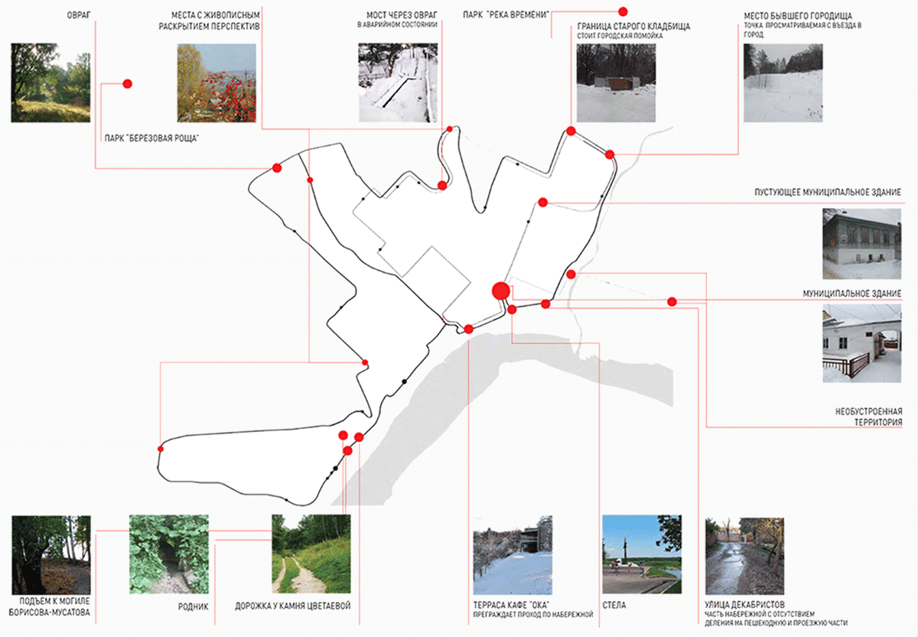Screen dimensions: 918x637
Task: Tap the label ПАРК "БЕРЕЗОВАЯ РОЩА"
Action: click(146, 138)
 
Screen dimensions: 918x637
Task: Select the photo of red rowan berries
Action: click(216, 83)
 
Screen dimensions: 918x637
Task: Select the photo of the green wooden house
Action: click(861, 243)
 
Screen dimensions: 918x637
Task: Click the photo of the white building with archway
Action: click(861, 343)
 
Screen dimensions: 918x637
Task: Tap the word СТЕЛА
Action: click(614, 605)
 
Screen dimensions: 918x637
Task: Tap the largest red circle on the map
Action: click(500, 291)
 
